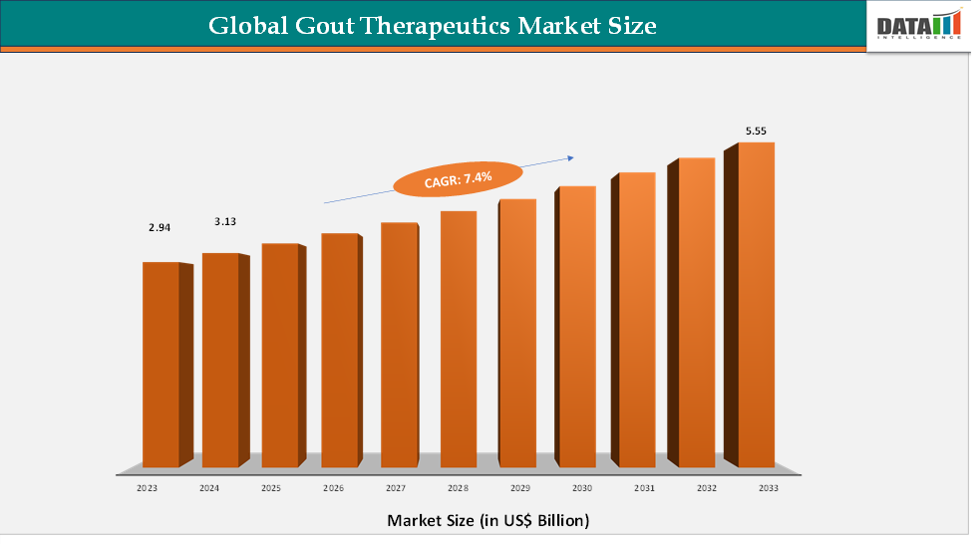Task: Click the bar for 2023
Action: pyautogui.click(x=162, y=364)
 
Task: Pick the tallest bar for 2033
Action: pyautogui.click(x=756, y=304)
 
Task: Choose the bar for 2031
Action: pyautogui.click(x=636, y=319)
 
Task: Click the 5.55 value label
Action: pyautogui.click(x=756, y=131)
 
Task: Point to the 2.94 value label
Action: pyautogui.click(x=160, y=227)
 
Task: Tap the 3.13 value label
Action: pyautogui.click(x=225, y=221)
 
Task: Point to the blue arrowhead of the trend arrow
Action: pyautogui.click(x=572, y=156)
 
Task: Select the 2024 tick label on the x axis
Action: pyautogui.click(x=209, y=488)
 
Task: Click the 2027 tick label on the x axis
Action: pyautogui.click(x=396, y=488)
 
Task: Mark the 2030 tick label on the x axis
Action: pyautogui.click(x=582, y=488)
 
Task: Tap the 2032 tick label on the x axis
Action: pyautogui.click(x=707, y=488)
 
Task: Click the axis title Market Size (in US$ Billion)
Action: pyautogui.click(x=488, y=520)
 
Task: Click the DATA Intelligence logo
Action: pyautogui.click(x=917, y=26)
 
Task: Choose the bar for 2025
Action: pyautogui.click(x=280, y=355)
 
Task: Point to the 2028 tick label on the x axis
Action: pyautogui.click(x=458, y=488)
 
